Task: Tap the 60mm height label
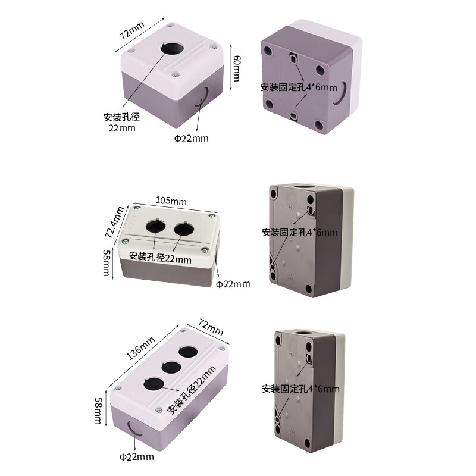236,68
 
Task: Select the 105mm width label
171,201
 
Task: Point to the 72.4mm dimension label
113,221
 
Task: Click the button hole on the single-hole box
171,48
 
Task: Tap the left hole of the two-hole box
155,226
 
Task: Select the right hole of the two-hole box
183,227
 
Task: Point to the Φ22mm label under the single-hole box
191,139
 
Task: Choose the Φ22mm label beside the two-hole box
233,284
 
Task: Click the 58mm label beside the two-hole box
105,262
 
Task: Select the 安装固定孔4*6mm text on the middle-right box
299,233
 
